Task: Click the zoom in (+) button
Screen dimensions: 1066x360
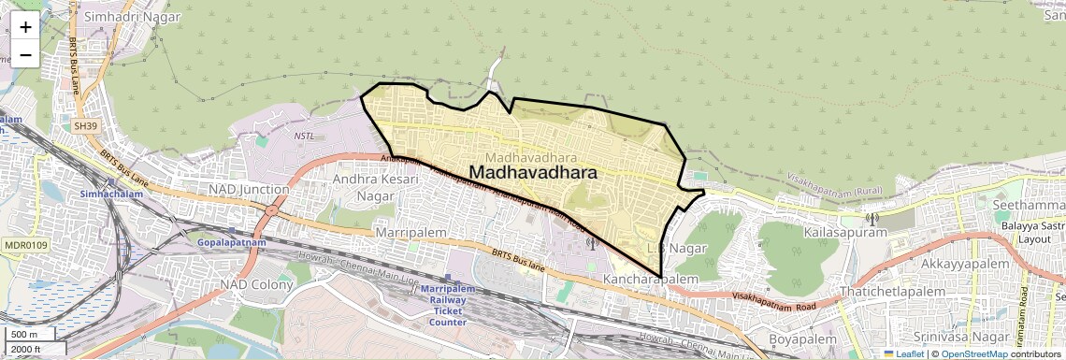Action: pos(25,27)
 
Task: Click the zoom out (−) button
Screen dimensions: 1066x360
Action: pos(25,54)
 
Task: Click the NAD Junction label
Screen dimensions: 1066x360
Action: pos(248,190)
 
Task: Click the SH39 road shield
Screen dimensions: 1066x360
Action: pos(85,125)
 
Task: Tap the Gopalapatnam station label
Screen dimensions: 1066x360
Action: pos(232,243)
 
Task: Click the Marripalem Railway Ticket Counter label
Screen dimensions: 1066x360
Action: pos(448,305)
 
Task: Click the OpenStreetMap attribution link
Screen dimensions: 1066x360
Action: pos(973,354)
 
